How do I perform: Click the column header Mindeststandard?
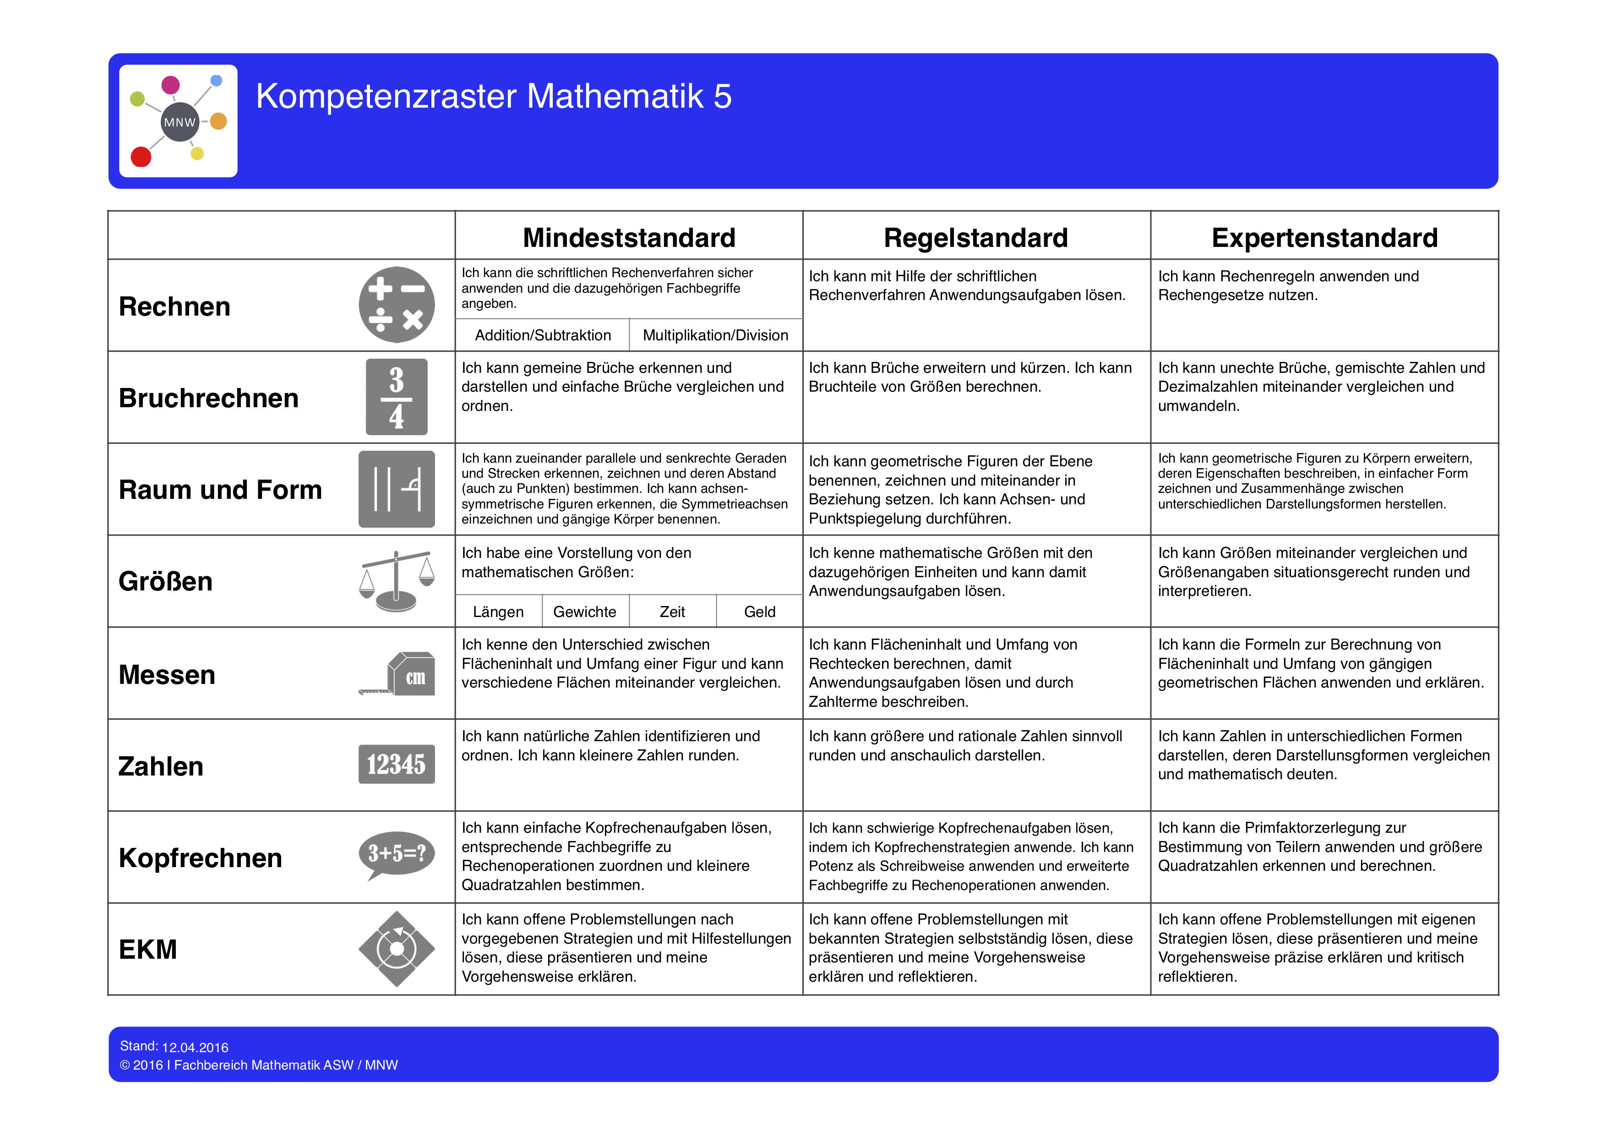[x=628, y=237]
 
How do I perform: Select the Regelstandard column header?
[x=976, y=237]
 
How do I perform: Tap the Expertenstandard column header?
[x=1324, y=237]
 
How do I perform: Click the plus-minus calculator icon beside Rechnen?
[x=396, y=305]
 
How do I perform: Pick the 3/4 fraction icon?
[x=396, y=397]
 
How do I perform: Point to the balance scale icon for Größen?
[x=396, y=580]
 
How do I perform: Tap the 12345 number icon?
[x=396, y=764]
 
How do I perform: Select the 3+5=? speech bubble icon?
[x=396, y=854]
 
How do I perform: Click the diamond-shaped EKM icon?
[x=396, y=949]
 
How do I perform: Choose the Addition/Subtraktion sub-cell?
[x=543, y=335]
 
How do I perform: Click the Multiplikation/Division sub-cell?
[x=715, y=335]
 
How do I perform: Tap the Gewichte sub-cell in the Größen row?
[x=585, y=612]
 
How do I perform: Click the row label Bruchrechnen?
[x=208, y=398]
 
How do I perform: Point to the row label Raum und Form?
[x=220, y=490]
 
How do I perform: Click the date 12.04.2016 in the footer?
[x=195, y=1047]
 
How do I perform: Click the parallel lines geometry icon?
[x=396, y=489]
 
